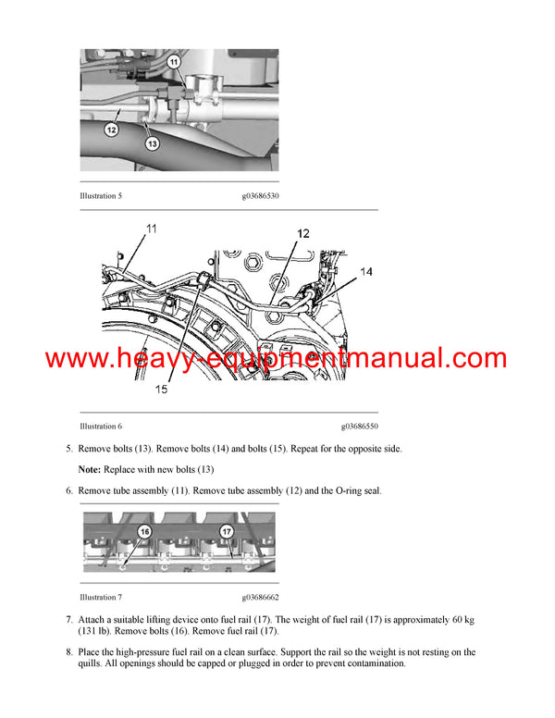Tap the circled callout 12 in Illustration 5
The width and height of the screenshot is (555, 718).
click(111, 130)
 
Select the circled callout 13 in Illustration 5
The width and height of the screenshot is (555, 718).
click(151, 143)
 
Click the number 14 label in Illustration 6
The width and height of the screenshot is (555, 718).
click(367, 272)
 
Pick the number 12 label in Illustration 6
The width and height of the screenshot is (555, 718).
click(304, 235)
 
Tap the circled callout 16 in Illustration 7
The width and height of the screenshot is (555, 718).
click(143, 532)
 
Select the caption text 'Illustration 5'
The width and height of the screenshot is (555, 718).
click(102, 196)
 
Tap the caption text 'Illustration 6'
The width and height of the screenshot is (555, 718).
click(102, 427)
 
